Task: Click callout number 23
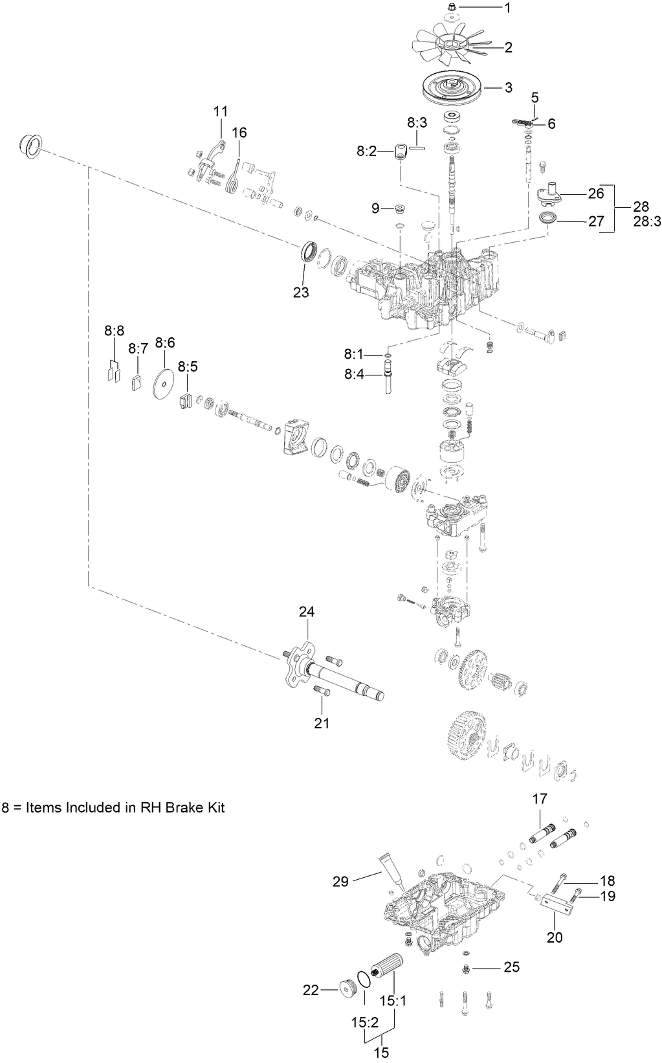300,292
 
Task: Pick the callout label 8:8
114,331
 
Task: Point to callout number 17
540,800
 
